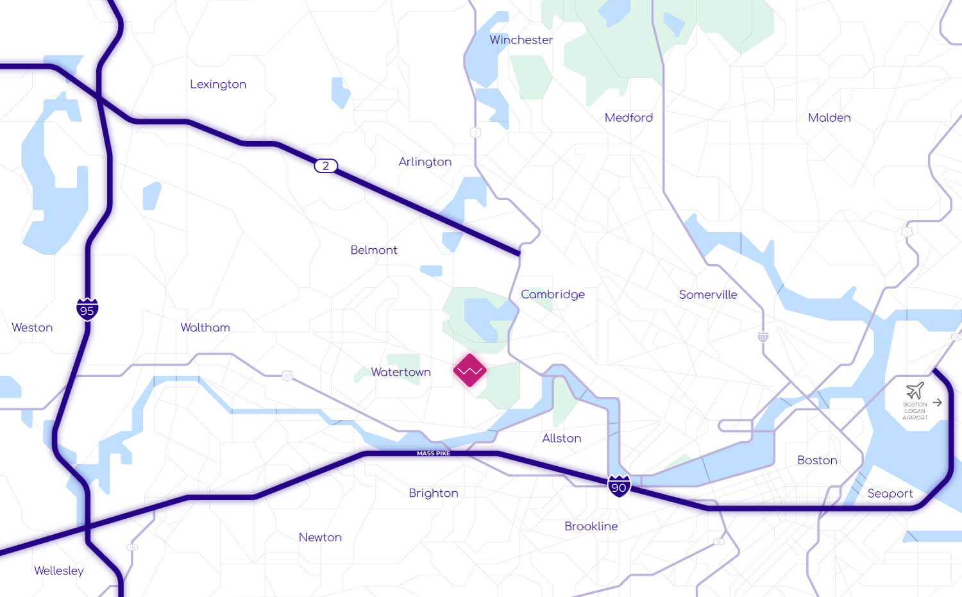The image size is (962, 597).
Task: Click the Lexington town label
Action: point(218,85)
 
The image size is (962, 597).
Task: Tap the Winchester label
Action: point(521,40)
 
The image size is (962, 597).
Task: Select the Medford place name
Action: point(629,118)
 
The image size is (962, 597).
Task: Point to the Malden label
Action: point(829,118)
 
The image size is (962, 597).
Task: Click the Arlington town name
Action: point(425,162)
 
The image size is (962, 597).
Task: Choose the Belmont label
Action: point(374,250)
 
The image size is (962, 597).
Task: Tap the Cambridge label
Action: point(553,294)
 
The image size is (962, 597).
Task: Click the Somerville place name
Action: point(708,295)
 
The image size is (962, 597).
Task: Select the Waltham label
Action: point(205,328)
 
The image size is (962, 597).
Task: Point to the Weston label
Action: point(32,328)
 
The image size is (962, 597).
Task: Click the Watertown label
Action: point(401,373)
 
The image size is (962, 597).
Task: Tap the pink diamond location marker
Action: point(469,371)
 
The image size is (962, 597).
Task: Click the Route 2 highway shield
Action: point(326,166)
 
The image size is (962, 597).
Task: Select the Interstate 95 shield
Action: point(87,309)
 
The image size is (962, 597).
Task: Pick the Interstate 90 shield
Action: point(619,486)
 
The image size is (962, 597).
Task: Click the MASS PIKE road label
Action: point(434,453)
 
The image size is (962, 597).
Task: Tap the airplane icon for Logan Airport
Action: point(915,391)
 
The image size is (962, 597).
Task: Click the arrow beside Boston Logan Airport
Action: point(937,403)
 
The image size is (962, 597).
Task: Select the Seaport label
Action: point(890,494)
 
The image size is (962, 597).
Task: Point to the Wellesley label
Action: point(59,571)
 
